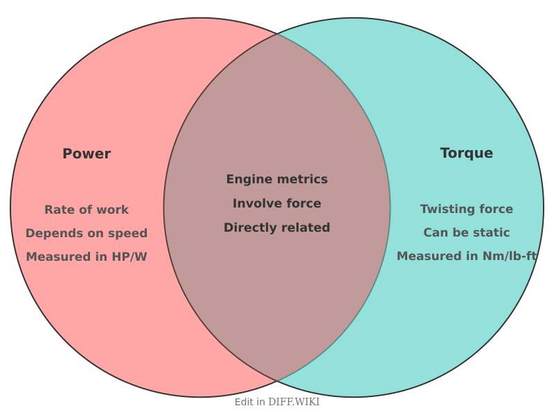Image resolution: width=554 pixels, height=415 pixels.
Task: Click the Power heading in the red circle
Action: pos(87,154)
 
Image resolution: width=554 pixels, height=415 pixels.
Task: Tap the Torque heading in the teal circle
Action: pos(467,153)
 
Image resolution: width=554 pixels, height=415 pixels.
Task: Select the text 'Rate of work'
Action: pos(87,210)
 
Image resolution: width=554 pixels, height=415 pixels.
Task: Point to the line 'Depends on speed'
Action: pos(87,233)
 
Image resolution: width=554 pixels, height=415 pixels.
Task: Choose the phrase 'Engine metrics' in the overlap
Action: pos(277,179)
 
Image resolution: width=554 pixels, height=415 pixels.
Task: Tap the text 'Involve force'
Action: pos(277,203)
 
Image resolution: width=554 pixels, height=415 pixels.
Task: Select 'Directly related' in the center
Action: pos(277,228)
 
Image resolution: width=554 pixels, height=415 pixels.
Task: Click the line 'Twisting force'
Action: pos(467,209)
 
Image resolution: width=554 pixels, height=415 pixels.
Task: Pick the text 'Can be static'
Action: pos(467,232)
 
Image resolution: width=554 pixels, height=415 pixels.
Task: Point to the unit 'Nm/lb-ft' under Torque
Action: pos(512,256)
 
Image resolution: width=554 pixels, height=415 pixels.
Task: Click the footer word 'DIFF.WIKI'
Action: pos(294,402)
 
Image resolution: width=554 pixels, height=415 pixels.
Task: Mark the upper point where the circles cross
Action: pos(277,33)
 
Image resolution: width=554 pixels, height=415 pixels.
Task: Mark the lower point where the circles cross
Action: pos(277,381)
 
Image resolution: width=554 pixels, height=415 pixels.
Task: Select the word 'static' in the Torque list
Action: pos(491,232)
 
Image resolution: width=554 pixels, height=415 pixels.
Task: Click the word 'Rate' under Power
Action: pos(57,210)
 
